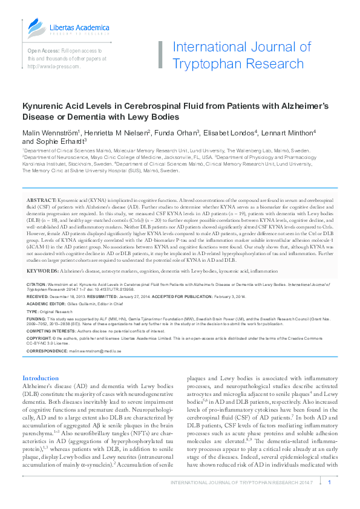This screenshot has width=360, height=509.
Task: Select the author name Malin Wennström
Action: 50,132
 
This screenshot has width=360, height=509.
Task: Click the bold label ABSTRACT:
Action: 41,199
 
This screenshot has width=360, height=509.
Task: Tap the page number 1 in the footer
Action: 329,482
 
